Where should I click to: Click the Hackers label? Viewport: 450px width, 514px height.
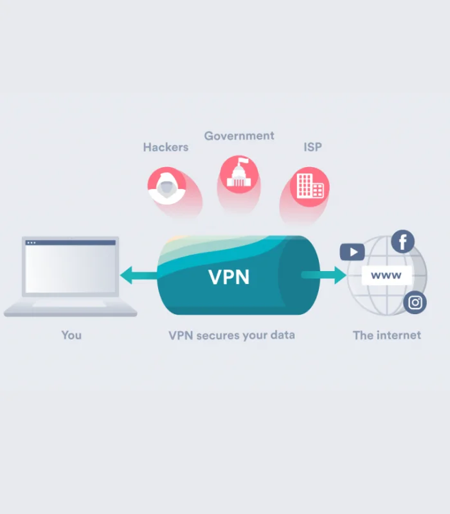point(166,147)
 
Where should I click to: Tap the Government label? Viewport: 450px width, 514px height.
point(239,136)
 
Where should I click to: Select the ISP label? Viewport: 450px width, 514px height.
point(312,147)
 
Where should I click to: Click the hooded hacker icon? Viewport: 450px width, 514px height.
point(167,186)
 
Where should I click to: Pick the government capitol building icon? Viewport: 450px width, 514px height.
point(239,174)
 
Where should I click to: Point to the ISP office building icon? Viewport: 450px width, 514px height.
point(310,186)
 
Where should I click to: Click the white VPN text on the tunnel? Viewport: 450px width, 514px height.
point(229,277)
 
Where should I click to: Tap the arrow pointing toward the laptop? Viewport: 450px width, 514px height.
point(139,275)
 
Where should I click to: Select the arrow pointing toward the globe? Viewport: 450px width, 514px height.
point(324,275)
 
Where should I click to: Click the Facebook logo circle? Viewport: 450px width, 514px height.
point(403,242)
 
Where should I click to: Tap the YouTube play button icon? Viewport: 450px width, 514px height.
point(352,252)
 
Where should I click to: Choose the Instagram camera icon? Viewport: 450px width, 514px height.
point(415,302)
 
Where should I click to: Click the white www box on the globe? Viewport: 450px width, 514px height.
point(387,276)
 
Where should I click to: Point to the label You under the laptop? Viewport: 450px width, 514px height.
point(71,335)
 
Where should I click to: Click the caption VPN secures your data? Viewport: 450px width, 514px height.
point(231,335)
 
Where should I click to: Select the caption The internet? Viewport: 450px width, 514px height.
point(387,335)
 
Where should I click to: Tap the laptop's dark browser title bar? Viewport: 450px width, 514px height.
point(71,243)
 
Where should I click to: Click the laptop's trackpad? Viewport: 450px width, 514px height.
point(69,304)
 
